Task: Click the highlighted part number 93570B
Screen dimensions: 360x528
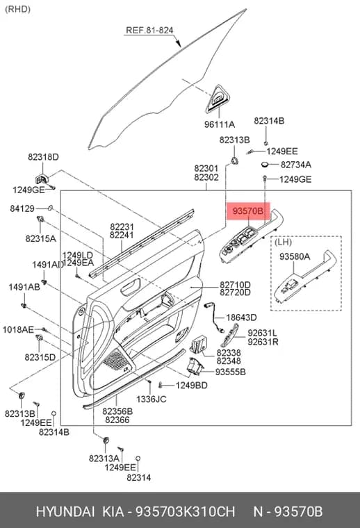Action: tap(248, 211)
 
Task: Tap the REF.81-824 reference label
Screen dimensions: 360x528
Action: tap(149, 31)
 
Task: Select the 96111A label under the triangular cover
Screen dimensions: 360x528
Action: tap(219, 124)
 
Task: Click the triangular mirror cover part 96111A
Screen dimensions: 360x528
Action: tap(218, 99)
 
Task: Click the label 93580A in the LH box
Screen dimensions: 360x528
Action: tap(295, 256)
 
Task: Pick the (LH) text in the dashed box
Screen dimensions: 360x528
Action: tap(284, 242)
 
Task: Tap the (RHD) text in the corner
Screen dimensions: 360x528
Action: tap(18, 9)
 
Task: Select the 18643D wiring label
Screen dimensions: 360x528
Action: tap(241, 317)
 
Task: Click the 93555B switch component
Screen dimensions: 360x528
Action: tap(195, 368)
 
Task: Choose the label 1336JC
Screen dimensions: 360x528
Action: tap(152, 399)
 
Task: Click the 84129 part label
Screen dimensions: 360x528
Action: tap(22, 209)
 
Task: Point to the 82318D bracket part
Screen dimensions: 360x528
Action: tap(42, 179)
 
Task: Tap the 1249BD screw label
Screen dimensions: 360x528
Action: tap(191, 385)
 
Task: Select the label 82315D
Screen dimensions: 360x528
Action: tap(40, 357)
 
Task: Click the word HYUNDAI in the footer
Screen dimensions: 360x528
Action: tap(65, 511)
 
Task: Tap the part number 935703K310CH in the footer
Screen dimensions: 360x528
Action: tap(185, 511)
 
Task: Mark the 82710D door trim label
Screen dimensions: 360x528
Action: tap(235, 285)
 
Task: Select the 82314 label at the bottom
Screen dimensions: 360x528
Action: tap(139, 477)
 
